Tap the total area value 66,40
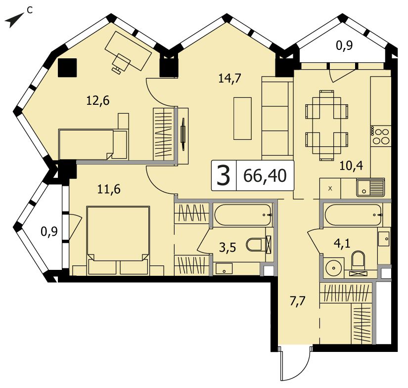[265, 176]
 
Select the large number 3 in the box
[223, 176]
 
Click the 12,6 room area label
[98, 100]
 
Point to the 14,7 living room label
[230, 78]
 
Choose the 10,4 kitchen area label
[351, 165]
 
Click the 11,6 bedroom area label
[109, 189]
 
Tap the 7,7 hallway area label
[297, 301]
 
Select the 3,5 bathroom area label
[227, 248]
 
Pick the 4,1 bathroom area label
[342, 244]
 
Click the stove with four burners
[380, 136]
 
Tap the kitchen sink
[370, 187]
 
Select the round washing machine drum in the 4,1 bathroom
[333, 267]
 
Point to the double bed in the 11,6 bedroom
[118, 240]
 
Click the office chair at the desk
[121, 63]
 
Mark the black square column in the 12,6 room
[67, 68]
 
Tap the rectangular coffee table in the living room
[242, 119]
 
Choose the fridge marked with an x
[330, 188]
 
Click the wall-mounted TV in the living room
[183, 134]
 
